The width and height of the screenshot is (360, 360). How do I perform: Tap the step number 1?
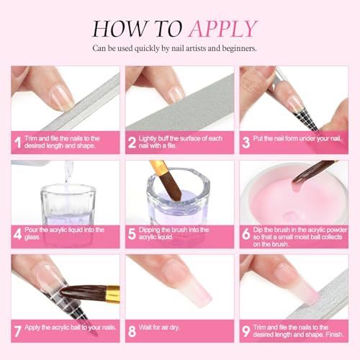pyautogui.click(x=17, y=142)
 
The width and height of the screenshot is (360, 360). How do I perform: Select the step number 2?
pyautogui.click(x=131, y=142)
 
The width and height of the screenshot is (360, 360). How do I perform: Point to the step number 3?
pyautogui.click(x=246, y=142)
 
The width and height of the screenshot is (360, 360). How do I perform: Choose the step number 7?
pyautogui.click(x=17, y=330)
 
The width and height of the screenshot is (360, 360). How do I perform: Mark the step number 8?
pyautogui.click(x=131, y=330)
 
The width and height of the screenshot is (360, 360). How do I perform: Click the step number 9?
pyautogui.click(x=246, y=330)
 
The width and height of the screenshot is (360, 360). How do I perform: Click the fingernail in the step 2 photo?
pyautogui.click(x=175, y=94)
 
